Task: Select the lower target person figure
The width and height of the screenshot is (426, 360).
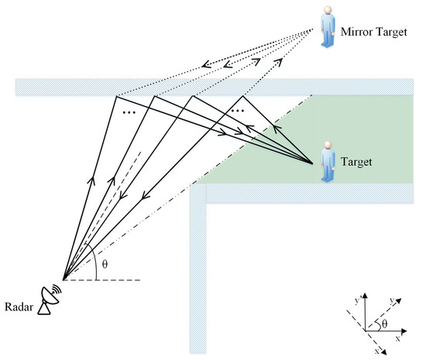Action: coord(328,163)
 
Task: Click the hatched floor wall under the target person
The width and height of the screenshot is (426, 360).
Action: coord(310,191)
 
